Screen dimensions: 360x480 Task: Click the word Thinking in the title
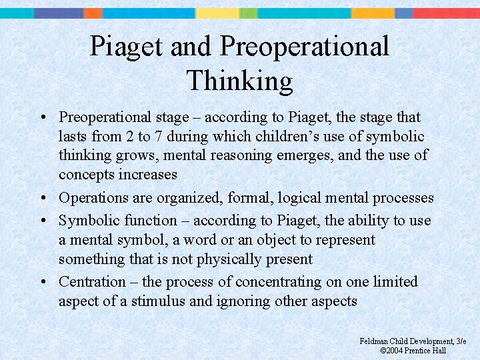(x=240, y=81)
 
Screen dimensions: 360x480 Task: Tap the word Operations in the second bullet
(x=89, y=198)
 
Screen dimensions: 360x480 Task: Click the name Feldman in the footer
(x=373, y=341)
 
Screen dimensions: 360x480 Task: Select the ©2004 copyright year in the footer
(x=396, y=351)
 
